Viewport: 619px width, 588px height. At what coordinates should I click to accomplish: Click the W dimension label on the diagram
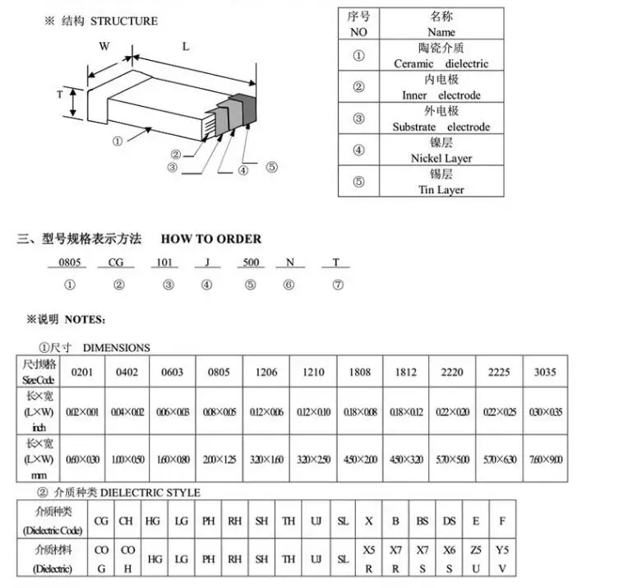(x=104, y=46)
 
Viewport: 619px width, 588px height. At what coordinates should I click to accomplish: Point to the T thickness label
(x=59, y=95)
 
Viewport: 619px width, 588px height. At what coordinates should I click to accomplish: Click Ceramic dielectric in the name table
(x=441, y=63)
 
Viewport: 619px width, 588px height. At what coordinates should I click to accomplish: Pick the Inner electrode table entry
(x=441, y=95)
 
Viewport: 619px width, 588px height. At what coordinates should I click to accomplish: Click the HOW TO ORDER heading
(x=211, y=239)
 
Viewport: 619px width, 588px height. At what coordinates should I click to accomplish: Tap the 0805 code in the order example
(x=70, y=263)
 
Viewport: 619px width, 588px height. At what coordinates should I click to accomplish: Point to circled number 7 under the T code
(x=337, y=285)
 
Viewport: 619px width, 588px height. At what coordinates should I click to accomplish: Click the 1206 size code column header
(x=266, y=372)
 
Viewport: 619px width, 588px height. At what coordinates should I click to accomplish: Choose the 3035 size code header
(x=545, y=372)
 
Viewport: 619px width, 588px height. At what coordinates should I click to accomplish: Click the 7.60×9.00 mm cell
(x=545, y=458)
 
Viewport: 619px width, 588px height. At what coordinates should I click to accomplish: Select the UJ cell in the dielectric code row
(x=315, y=521)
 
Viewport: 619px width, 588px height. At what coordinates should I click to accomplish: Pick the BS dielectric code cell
(x=422, y=521)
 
